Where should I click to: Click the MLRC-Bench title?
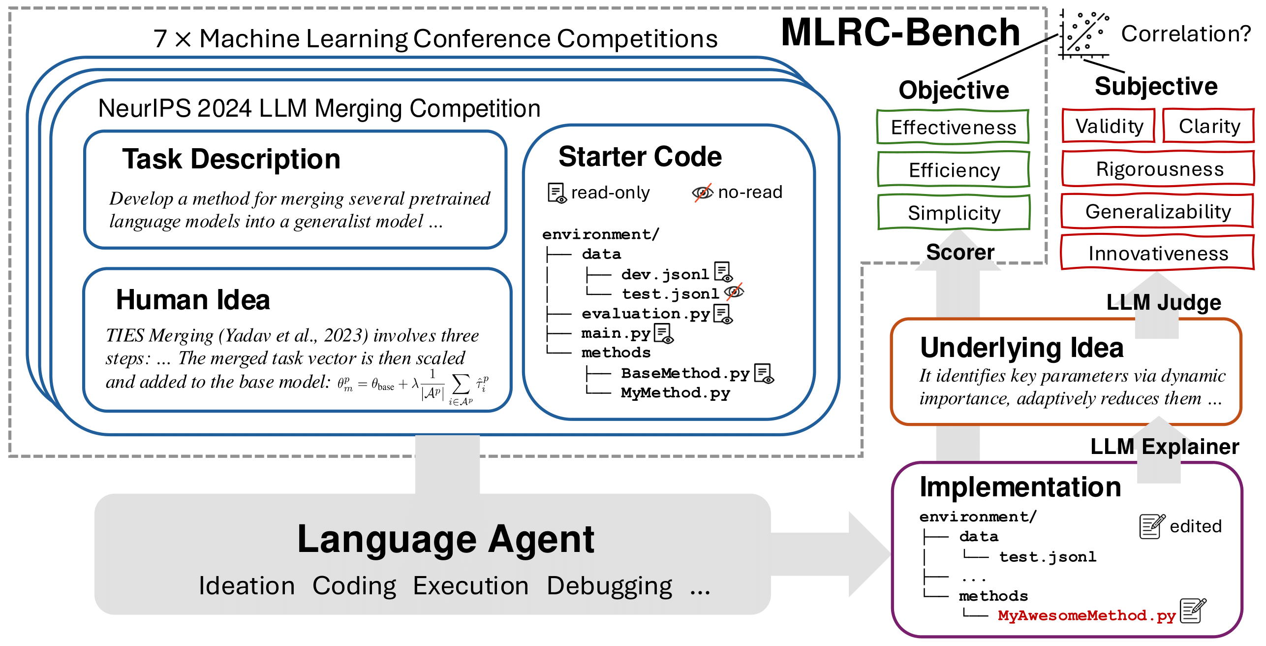point(900,32)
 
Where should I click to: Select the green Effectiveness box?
point(953,127)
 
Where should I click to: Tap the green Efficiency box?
point(954,170)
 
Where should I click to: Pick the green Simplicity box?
point(954,213)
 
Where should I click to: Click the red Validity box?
point(1109,126)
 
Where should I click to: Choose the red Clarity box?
point(1209,126)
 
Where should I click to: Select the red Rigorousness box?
point(1159,169)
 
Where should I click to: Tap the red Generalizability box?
point(1158,211)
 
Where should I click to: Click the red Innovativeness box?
point(1158,253)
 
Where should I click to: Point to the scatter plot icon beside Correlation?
point(1084,33)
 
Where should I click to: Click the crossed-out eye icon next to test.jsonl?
point(734,292)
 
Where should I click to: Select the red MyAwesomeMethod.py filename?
point(1086,615)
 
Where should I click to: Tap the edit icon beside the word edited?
point(1152,526)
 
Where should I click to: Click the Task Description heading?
point(231,159)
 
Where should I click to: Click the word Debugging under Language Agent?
point(609,586)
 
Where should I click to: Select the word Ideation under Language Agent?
point(247,586)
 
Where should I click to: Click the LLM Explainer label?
point(1164,446)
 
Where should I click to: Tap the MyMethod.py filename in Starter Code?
point(675,393)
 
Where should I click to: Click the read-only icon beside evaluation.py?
point(722,314)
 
